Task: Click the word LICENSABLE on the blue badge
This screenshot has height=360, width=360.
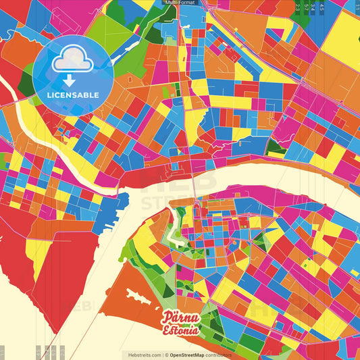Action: (72, 95)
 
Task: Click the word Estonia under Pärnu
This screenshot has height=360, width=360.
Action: (180, 331)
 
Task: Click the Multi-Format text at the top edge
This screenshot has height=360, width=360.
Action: (180, 3)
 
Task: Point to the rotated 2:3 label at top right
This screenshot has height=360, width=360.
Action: (298, 8)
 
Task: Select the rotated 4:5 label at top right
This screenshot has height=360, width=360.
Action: (322, 8)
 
